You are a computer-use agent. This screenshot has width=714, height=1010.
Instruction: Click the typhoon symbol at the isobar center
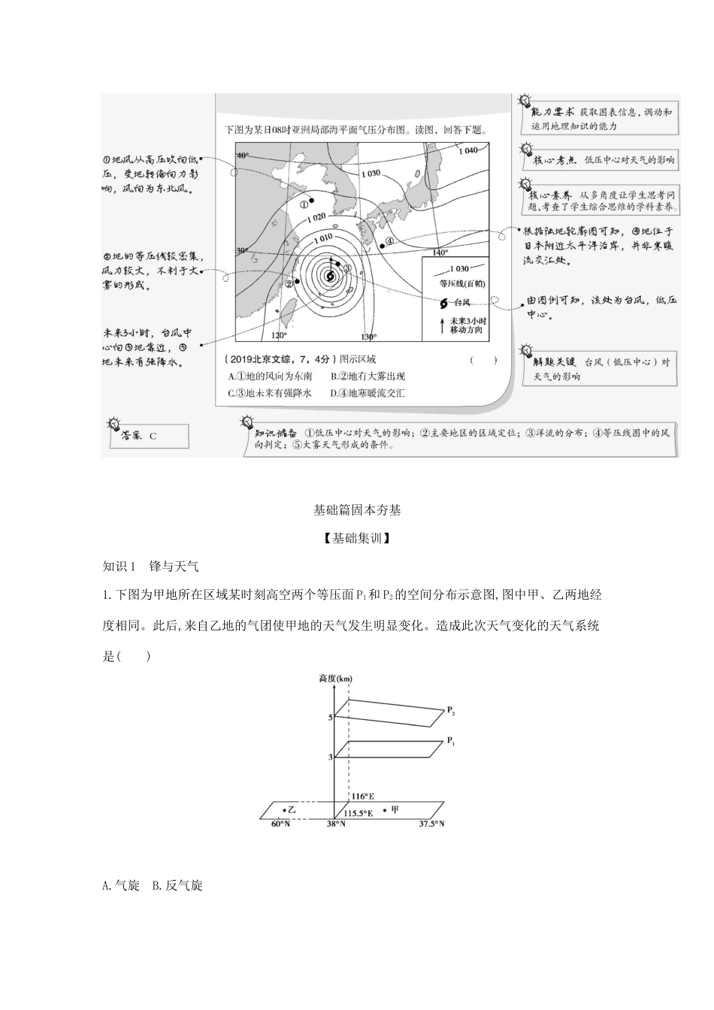[329, 277]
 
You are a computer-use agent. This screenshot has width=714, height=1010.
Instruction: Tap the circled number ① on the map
[304, 203]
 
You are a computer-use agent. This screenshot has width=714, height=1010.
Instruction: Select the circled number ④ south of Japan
[389, 242]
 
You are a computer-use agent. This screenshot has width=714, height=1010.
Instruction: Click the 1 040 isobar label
[467, 150]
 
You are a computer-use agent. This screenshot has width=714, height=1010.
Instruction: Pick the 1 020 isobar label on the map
[316, 217]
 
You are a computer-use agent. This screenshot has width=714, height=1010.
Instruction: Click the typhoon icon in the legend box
[443, 303]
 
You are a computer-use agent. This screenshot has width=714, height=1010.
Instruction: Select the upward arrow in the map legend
[441, 325]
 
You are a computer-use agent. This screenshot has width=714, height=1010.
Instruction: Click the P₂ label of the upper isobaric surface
[451, 709]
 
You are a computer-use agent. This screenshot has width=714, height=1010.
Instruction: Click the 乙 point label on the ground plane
[292, 809]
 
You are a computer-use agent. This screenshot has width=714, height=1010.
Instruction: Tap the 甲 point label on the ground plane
[395, 809]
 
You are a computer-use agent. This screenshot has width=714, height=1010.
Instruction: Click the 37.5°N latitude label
[431, 824]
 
